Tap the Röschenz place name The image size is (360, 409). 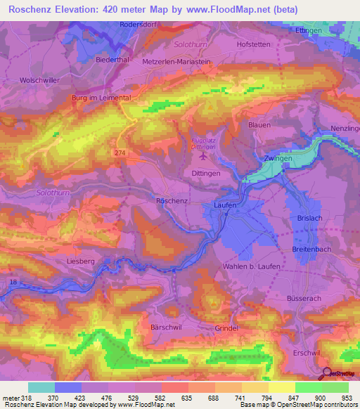coord(171,200)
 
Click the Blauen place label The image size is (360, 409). coord(259,124)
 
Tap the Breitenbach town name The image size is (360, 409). coord(312,249)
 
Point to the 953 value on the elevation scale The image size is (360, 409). coord(347,398)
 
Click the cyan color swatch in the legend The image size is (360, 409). coord(41,387)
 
